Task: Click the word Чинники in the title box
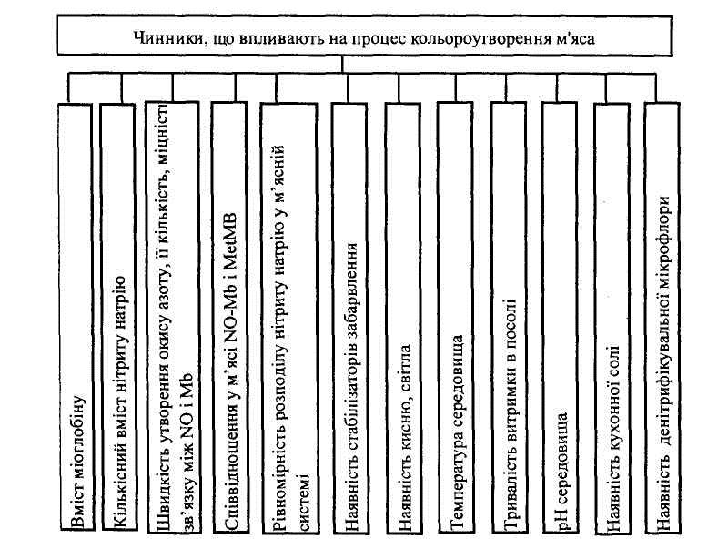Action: [167, 37]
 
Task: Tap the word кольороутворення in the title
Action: [480, 38]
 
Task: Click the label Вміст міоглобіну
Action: [77, 462]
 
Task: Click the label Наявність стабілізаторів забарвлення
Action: [350, 386]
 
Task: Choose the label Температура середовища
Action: [457, 432]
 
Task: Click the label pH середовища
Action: [561, 471]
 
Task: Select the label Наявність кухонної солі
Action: [613, 438]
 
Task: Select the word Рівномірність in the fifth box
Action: [280, 482]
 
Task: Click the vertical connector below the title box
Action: [341, 65]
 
